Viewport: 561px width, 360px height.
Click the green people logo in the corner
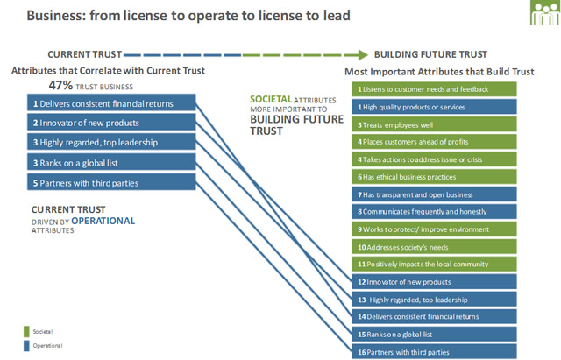click(x=545, y=12)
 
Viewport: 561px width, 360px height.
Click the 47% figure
click(x=60, y=86)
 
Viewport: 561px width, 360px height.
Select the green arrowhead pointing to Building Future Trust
click(x=363, y=54)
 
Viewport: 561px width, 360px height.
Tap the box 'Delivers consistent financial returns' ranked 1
click(x=111, y=102)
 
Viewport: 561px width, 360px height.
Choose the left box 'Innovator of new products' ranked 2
click(x=111, y=122)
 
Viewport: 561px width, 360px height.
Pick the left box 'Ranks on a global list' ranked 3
click(x=111, y=162)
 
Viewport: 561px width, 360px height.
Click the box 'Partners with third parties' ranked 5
click(x=111, y=182)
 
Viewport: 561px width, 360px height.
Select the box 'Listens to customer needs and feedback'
click(x=435, y=89)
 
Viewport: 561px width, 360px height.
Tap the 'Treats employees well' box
click(x=435, y=124)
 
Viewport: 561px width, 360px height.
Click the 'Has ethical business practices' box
click(x=435, y=177)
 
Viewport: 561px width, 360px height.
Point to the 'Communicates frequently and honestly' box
click(x=435, y=212)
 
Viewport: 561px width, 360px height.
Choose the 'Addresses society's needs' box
click(x=435, y=247)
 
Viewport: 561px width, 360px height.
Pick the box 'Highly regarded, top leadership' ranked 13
click(x=435, y=300)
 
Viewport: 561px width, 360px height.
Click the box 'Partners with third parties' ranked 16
click(x=435, y=352)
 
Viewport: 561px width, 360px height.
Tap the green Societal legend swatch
click(x=26, y=331)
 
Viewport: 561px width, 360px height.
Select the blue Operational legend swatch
click(x=26, y=346)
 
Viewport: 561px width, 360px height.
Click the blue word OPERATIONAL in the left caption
click(x=103, y=221)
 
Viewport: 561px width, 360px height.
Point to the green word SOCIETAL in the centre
click(x=271, y=99)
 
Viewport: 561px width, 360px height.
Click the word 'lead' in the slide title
click(x=337, y=16)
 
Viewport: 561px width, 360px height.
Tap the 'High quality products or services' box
click(x=435, y=107)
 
